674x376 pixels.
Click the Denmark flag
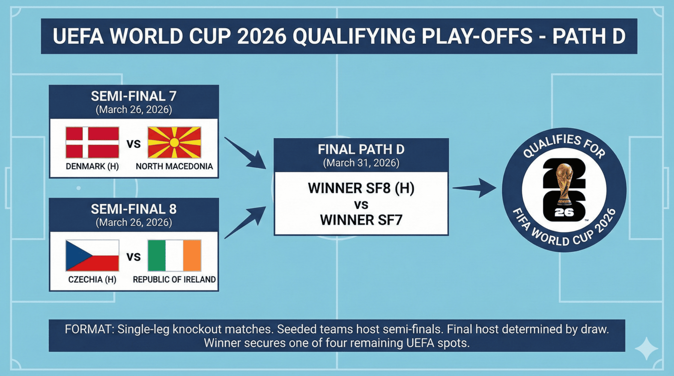(92, 143)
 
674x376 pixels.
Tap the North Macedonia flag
(174, 143)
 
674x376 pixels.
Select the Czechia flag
(92, 256)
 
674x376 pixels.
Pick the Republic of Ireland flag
(174, 256)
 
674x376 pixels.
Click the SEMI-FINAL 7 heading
(133, 96)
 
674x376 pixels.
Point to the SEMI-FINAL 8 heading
(133, 209)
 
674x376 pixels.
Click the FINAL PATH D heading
(361, 149)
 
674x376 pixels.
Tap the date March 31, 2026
(361, 163)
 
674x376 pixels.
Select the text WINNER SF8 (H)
(361, 188)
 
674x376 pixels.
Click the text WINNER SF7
(361, 220)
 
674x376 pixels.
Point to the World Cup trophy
(564, 183)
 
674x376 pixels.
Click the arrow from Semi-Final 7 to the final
(246, 153)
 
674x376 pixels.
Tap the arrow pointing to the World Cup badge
(474, 187)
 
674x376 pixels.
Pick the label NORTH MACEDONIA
(174, 167)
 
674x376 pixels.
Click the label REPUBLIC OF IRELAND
(174, 280)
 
